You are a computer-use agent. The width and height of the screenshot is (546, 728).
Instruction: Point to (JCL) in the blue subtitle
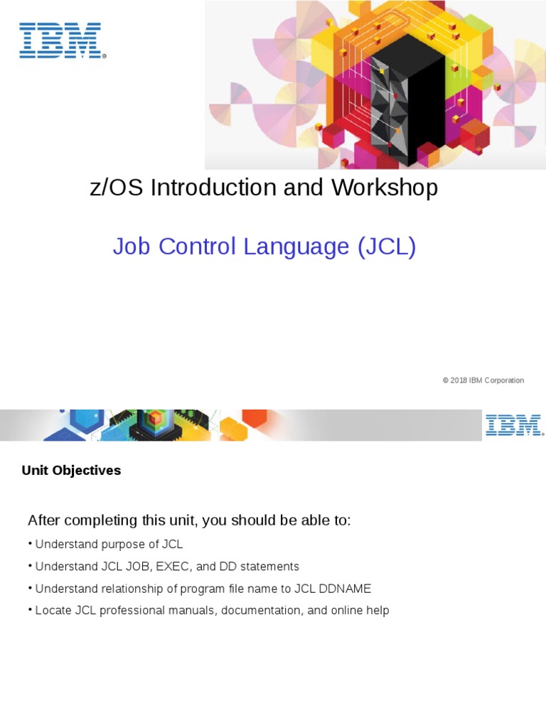(x=385, y=247)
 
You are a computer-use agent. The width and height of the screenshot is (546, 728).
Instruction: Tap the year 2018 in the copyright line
(x=459, y=380)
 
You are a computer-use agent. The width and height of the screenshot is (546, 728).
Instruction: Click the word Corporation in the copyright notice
(x=505, y=380)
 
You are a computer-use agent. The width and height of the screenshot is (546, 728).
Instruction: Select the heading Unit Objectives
(x=71, y=471)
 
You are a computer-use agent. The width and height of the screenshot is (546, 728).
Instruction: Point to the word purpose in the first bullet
(x=117, y=545)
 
